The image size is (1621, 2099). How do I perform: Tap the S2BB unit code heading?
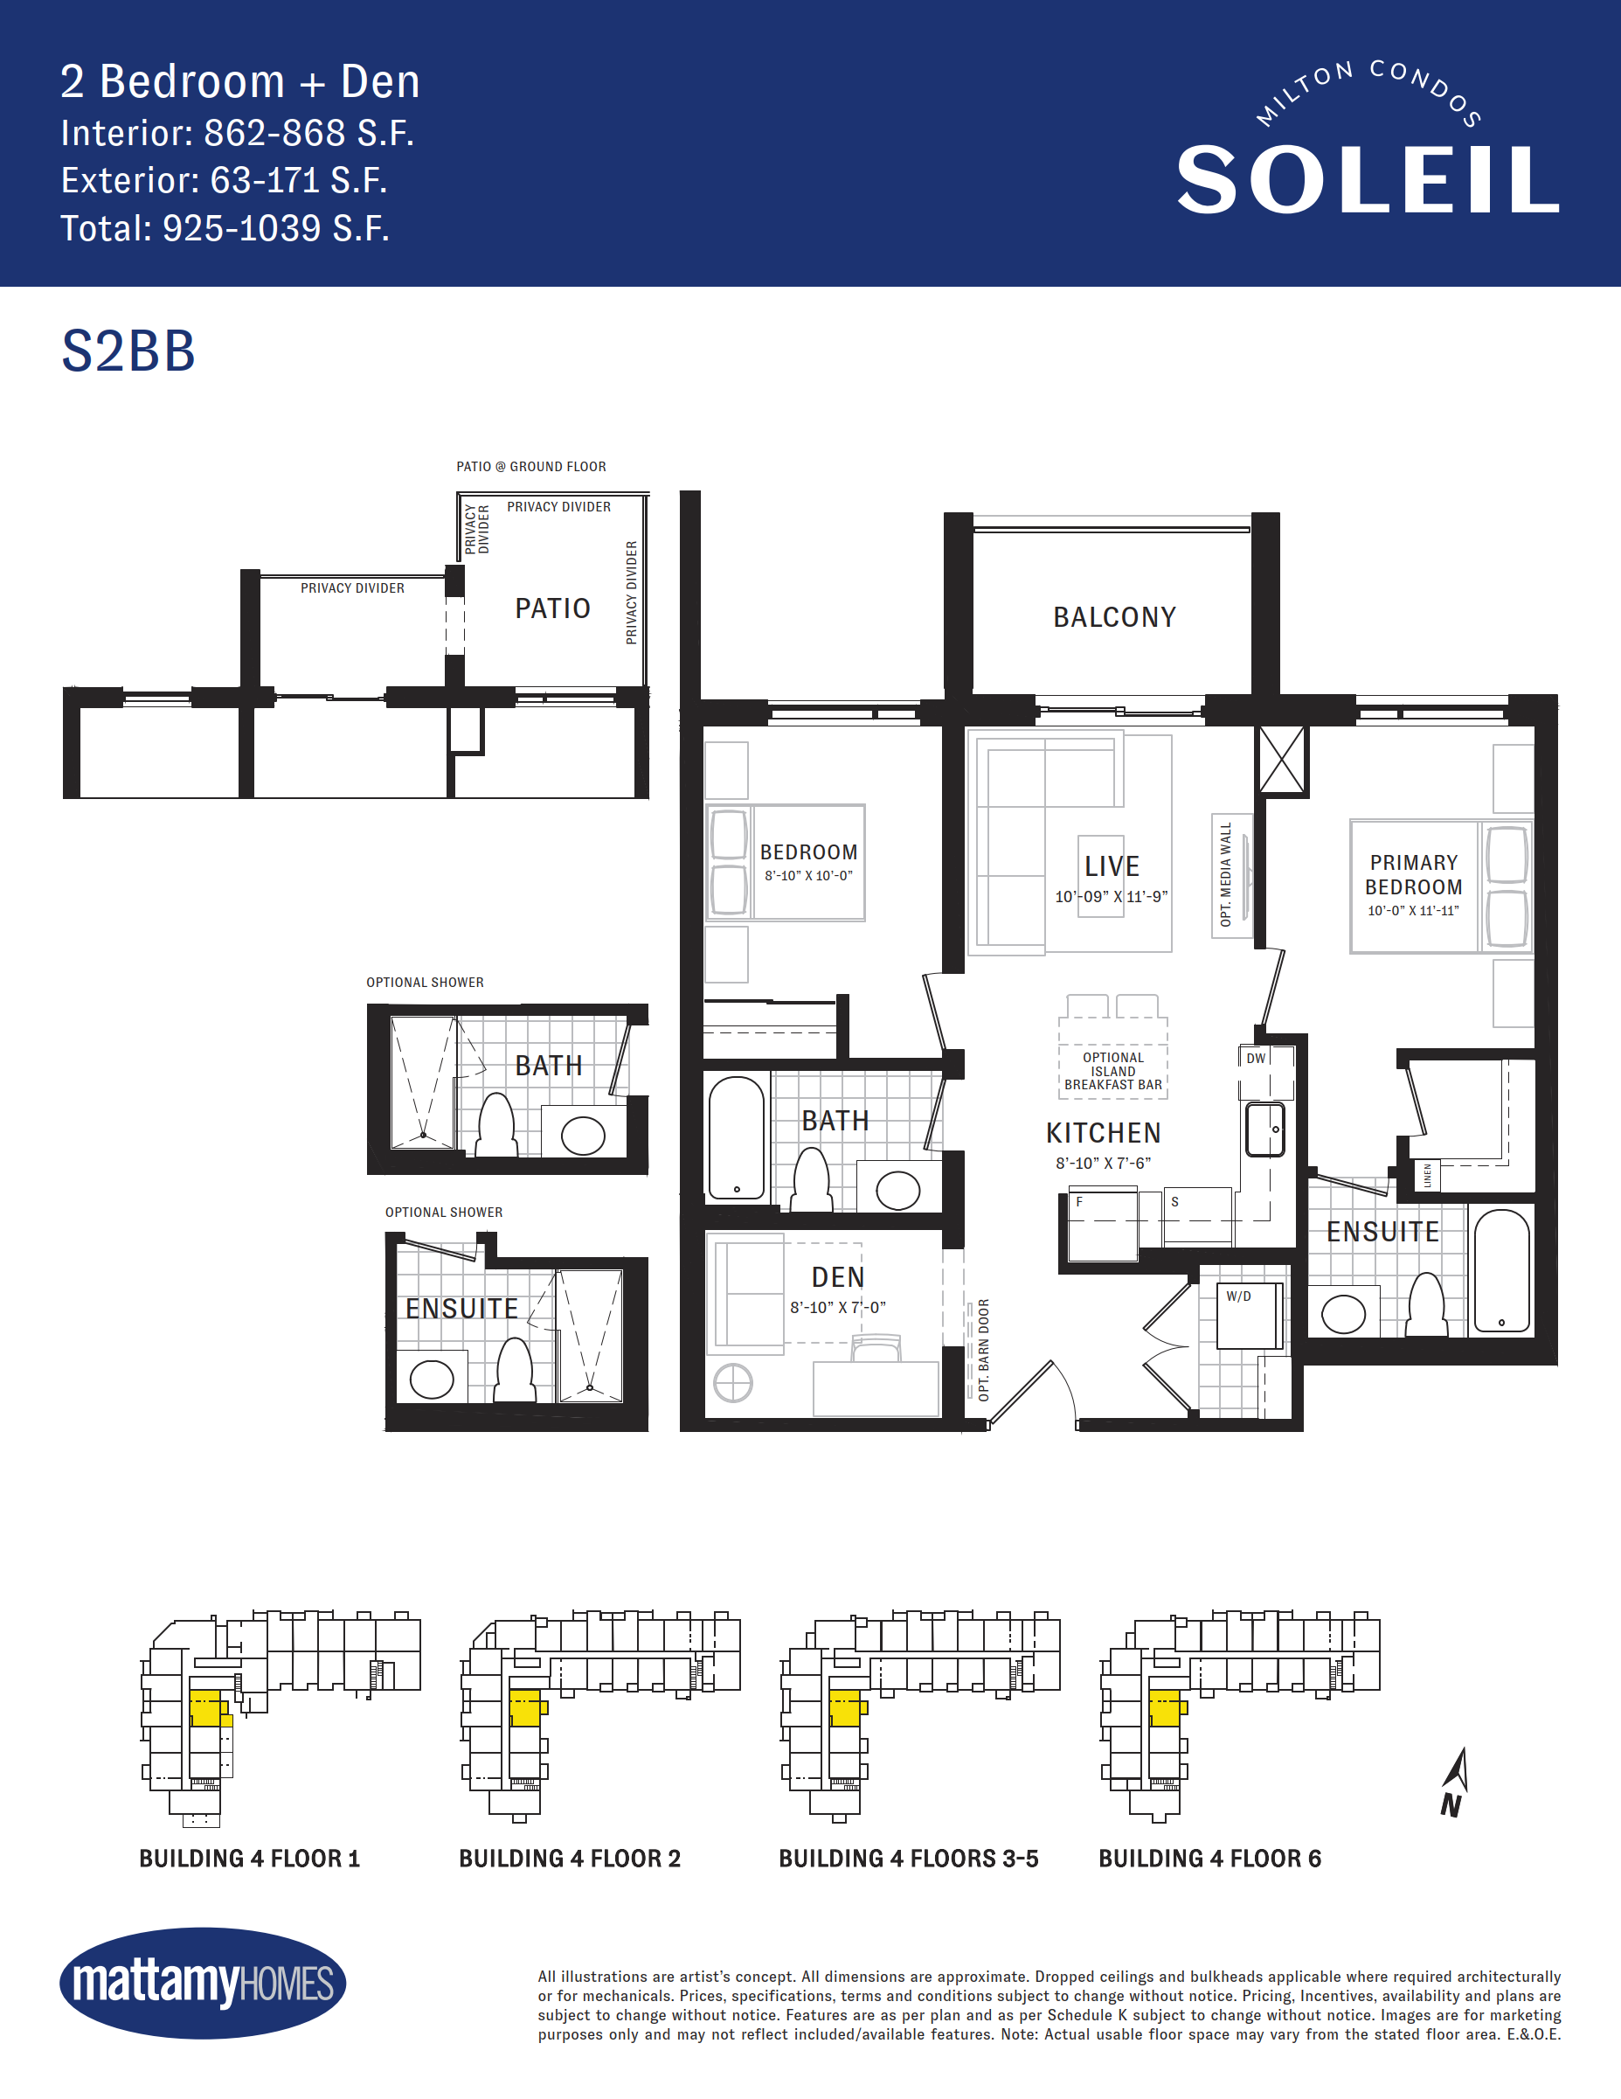tap(128, 351)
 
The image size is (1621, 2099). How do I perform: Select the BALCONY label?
tap(1115, 617)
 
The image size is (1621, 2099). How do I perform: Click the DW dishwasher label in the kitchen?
tap(1256, 1058)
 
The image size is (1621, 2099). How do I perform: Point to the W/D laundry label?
tap(1238, 1296)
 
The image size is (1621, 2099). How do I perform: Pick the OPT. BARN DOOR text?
tap(983, 1351)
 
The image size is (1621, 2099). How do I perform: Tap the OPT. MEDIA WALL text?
tap(1225, 873)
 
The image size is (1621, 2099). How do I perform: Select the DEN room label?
tap(838, 1277)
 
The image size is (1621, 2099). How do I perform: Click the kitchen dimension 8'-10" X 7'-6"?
tap(1103, 1163)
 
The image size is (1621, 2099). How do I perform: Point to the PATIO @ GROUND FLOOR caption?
tap(531, 467)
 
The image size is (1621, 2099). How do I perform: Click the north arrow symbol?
tap(1455, 1783)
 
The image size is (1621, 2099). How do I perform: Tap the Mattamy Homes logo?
tap(203, 1983)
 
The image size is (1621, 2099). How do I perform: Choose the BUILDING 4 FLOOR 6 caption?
tap(1209, 1859)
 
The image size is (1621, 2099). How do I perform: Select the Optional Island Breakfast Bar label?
tap(1112, 1071)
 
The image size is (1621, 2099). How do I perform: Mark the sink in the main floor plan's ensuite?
tap(1343, 1314)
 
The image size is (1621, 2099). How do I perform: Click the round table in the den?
tap(733, 1384)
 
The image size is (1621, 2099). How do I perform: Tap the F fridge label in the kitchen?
tap(1079, 1202)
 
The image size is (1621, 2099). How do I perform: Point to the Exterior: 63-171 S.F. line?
tap(224, 181)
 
